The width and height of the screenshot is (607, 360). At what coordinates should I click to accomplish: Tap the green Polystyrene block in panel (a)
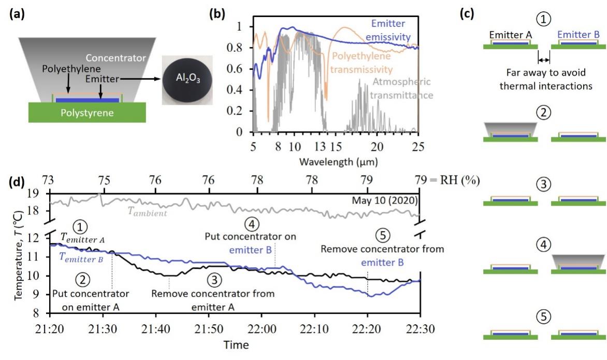click(88, 111)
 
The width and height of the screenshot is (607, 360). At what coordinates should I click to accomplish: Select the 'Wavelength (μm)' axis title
click(337, 162)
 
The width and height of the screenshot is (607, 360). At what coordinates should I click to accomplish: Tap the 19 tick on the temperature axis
click(40, 194)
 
